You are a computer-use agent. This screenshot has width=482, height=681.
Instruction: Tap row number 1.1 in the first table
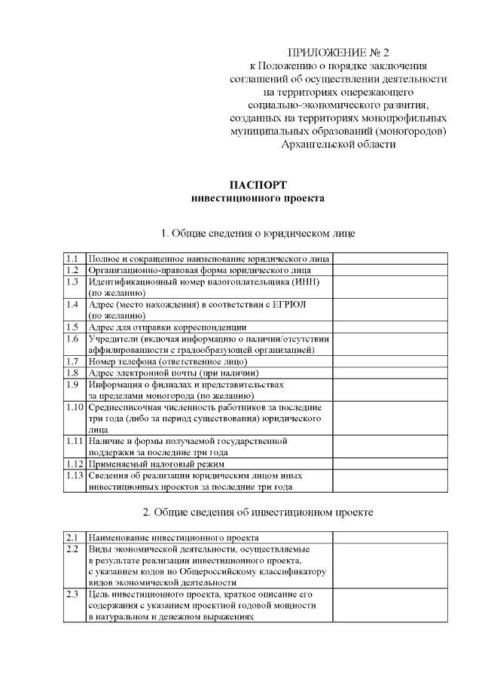point(72,257)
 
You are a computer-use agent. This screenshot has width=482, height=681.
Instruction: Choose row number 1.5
point(72,327)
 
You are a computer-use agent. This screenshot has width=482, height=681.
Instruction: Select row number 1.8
point(72,372)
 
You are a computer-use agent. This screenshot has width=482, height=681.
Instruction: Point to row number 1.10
point(74,407)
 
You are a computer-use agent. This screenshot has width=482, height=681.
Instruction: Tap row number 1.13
point(74,476)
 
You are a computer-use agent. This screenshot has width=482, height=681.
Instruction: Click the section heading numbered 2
point(258,512)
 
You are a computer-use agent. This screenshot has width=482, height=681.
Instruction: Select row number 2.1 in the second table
point(72,538)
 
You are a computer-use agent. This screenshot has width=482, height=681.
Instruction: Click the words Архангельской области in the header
point(338,144)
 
